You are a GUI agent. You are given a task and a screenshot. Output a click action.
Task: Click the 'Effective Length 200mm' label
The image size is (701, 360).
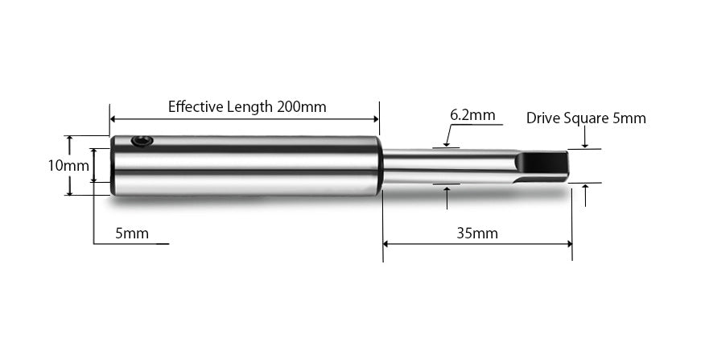coord(247,106)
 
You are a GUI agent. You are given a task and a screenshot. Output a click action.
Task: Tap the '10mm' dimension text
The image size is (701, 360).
coord(68,166)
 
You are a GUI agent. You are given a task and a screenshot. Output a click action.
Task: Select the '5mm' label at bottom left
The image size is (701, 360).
coord(130,235)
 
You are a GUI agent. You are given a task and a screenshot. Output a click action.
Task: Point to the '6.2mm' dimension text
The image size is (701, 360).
coord(472,115)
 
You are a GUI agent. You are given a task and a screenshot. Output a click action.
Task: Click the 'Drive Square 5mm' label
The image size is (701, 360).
coord(585,118)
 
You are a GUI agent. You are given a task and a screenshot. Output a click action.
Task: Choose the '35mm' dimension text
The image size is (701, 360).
coord(477,234)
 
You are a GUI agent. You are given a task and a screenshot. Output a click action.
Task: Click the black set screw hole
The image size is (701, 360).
coord(142,142)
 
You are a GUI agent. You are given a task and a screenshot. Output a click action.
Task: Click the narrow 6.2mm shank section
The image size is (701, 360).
coord(443,167)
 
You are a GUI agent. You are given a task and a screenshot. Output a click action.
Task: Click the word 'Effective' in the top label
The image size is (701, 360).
coord(194,106)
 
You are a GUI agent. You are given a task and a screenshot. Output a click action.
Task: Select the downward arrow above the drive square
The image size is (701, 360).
coord(585,145)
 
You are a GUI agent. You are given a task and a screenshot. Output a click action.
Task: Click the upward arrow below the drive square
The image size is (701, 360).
coord(585,188)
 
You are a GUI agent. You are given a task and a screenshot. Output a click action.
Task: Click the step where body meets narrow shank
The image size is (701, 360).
coord(381,167)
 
